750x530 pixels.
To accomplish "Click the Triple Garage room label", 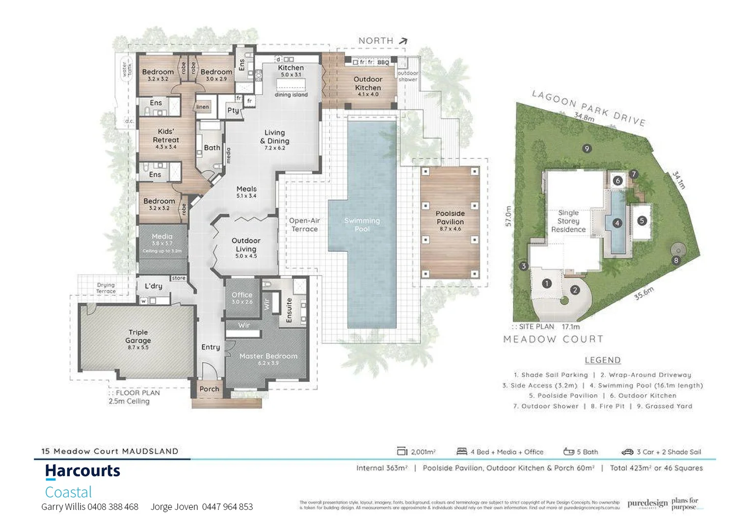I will [138, 337].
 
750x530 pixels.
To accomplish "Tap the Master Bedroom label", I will [268, 356].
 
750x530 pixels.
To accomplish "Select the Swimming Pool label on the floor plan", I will [362, 225].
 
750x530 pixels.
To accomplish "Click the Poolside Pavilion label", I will [450, 217].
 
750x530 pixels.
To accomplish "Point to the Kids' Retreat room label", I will [166, 135].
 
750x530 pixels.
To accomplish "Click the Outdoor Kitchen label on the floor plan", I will [368, 83].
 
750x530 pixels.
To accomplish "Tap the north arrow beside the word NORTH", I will [403, 41].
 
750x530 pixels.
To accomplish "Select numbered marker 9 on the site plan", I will [587, 149].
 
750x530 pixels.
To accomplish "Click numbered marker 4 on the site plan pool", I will [617, 223].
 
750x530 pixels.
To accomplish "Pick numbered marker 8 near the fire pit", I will [676, 261].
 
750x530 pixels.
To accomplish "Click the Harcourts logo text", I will [82, 471].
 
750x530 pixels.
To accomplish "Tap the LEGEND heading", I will [602, 360].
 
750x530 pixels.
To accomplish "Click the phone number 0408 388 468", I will [113, 507].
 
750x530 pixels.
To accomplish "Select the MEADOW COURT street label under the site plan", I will [553, 339].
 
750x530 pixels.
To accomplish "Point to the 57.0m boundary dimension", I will [509, 216].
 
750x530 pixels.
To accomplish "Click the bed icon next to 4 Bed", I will [461, 451].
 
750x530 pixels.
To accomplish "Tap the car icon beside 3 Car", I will [627, 452].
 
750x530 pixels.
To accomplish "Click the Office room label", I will [242, 295].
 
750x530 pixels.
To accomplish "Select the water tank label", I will [127, 69].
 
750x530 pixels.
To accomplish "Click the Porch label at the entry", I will [209, 389].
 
